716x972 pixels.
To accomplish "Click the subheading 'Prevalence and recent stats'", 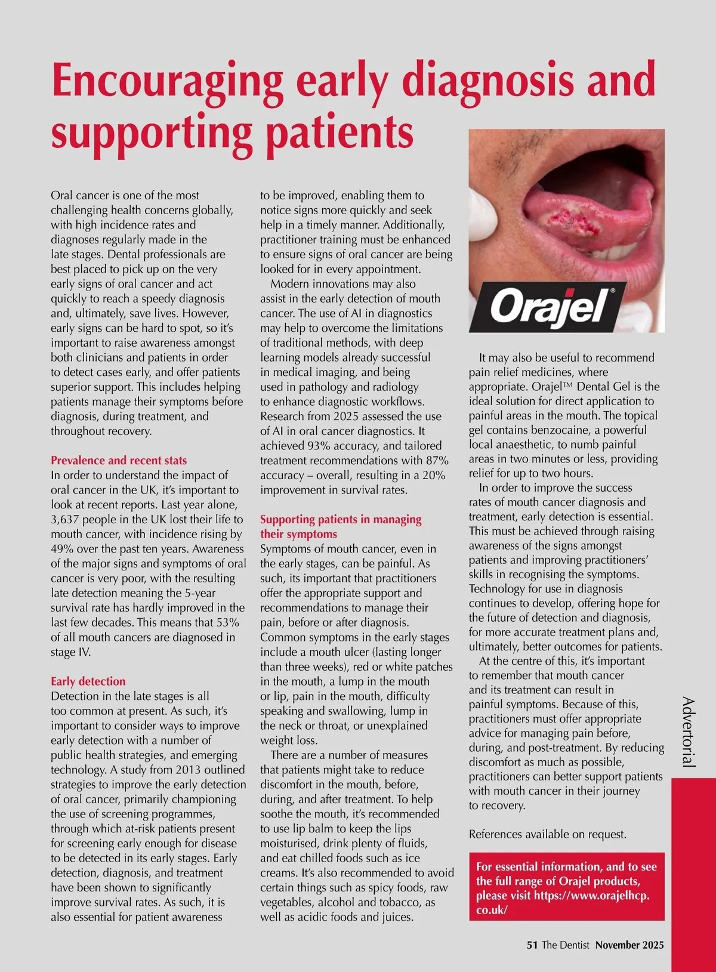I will click(119, 461).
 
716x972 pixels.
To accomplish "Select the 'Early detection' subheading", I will click(88, 681).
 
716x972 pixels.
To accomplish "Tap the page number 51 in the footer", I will click(532, 945).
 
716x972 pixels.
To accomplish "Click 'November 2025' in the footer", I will click(629, 945).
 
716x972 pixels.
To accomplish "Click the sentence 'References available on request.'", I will click(548, 834).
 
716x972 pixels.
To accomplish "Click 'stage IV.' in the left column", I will click(71, 652).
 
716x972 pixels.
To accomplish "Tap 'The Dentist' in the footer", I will click(566, 945).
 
